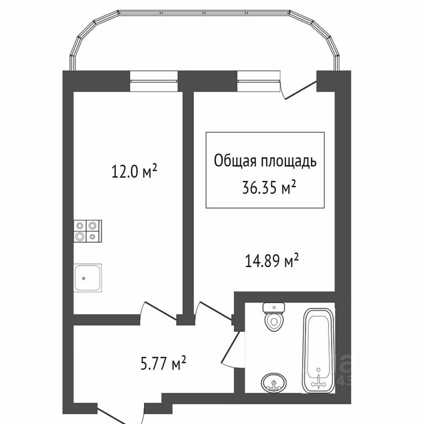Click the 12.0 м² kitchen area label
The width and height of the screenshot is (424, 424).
[x=135, y=172]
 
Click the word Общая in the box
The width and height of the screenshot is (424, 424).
[x=232, y=161]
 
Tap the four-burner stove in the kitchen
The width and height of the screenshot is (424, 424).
[x=87, y=230]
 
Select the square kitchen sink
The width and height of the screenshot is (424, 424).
[x=87, y=278]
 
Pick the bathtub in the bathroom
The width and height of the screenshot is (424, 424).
[x=319, y=351]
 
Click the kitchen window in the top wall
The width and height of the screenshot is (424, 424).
[x=154, y=81]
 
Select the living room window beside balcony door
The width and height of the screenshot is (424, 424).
[x=258, y=81]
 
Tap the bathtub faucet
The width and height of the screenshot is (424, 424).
[x=319, y=381]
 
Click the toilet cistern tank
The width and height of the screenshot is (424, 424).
[x=273, y=307]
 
